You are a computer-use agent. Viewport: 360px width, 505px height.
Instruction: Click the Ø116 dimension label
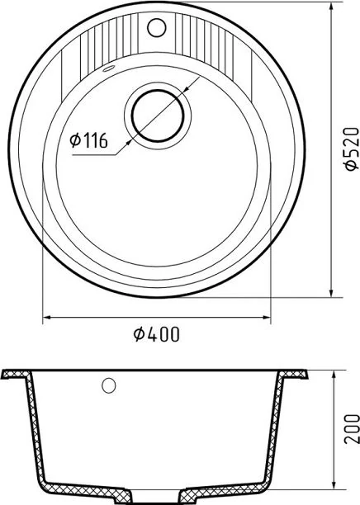pos(88,141)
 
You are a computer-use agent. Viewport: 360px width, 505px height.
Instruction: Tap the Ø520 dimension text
pos(351,149)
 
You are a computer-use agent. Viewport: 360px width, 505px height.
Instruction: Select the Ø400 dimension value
pos(156,334)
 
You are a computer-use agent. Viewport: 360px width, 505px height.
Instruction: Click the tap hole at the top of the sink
pos(157,27)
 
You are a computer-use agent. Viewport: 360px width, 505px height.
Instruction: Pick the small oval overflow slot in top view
pos(109,68)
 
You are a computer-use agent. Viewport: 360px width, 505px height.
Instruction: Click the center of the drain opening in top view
pos(158,116)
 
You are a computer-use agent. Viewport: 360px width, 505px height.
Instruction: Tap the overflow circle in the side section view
pos(109,385)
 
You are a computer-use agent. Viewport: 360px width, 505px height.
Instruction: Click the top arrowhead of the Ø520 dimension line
pos(331,7)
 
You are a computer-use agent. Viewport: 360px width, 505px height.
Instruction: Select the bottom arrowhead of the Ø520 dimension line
pos(331,292)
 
